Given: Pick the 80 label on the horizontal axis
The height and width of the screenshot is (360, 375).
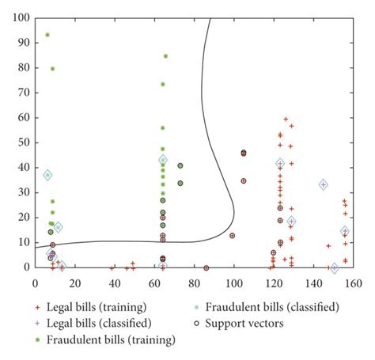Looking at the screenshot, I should tap(194, 280).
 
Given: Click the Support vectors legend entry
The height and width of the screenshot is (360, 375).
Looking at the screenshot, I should tap(245, 323).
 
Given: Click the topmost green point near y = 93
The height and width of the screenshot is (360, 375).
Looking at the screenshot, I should tap(47, 35).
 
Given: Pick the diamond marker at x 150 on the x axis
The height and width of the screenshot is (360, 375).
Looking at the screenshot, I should tap(334, 268).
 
